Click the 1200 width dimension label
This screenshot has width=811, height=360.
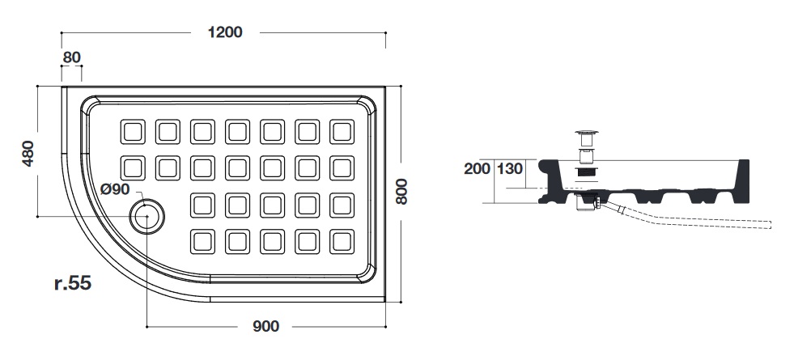225,32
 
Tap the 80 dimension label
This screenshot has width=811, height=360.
72,57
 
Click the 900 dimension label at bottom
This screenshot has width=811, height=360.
265,326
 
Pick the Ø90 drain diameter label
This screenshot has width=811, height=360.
115,189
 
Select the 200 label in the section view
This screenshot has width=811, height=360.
478,169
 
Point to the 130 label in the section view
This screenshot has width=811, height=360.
511,169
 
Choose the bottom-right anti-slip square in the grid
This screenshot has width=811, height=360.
342,240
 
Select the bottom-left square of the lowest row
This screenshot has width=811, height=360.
202,240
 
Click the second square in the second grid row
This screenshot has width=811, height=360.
167,167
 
